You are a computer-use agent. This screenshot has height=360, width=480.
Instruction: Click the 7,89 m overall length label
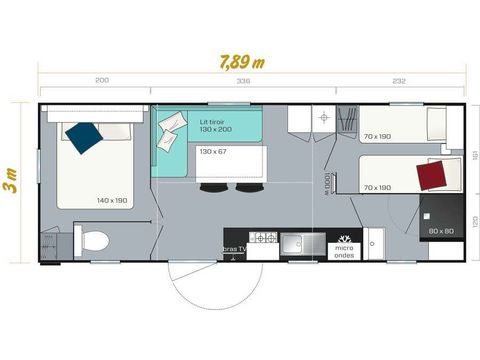[243, 60]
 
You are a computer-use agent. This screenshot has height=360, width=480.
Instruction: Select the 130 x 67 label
[213, 151]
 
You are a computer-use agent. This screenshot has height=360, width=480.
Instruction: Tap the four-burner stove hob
[265, 239]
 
